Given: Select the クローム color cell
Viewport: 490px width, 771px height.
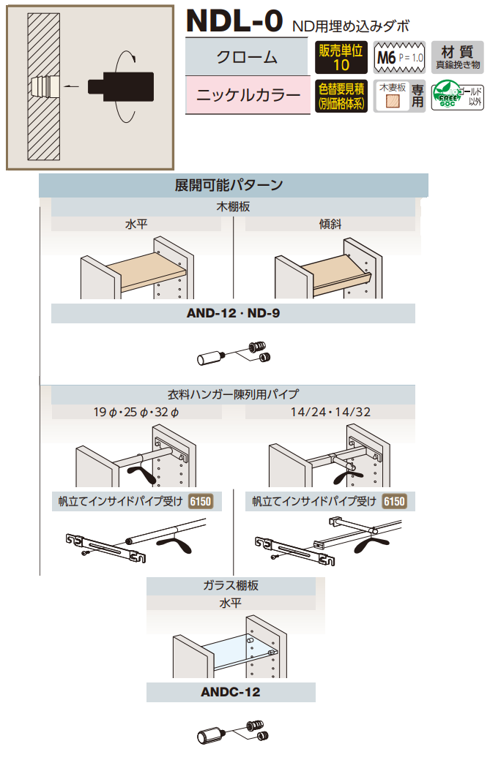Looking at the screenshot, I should tap(247, 57).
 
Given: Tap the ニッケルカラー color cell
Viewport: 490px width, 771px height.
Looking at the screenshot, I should tap(247, 97).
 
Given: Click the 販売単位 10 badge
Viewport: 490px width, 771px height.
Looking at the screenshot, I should tap(341, 57).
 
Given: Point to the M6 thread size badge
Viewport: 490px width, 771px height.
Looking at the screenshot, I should tap(398, 57).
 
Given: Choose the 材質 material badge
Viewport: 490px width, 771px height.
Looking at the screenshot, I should tap(457, 57).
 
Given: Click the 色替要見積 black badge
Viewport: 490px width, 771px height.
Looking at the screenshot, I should tap(341, 97).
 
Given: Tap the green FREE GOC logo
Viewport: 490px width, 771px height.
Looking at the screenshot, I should tap(447, 97).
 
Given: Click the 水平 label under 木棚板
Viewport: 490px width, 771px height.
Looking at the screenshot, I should tap(136, 225).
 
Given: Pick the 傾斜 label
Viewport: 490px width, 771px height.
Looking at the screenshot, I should tap(330, 225).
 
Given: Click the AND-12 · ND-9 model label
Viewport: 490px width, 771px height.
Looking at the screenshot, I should tap(233, 314).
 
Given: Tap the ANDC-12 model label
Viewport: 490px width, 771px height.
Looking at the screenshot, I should tap(231, 692).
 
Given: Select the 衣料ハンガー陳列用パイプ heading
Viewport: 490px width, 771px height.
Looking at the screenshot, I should tap(233, 395).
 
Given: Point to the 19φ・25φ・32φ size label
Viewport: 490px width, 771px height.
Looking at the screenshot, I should tap(136, 413).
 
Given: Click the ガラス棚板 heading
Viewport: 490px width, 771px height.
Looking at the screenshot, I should tap(231, 585).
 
